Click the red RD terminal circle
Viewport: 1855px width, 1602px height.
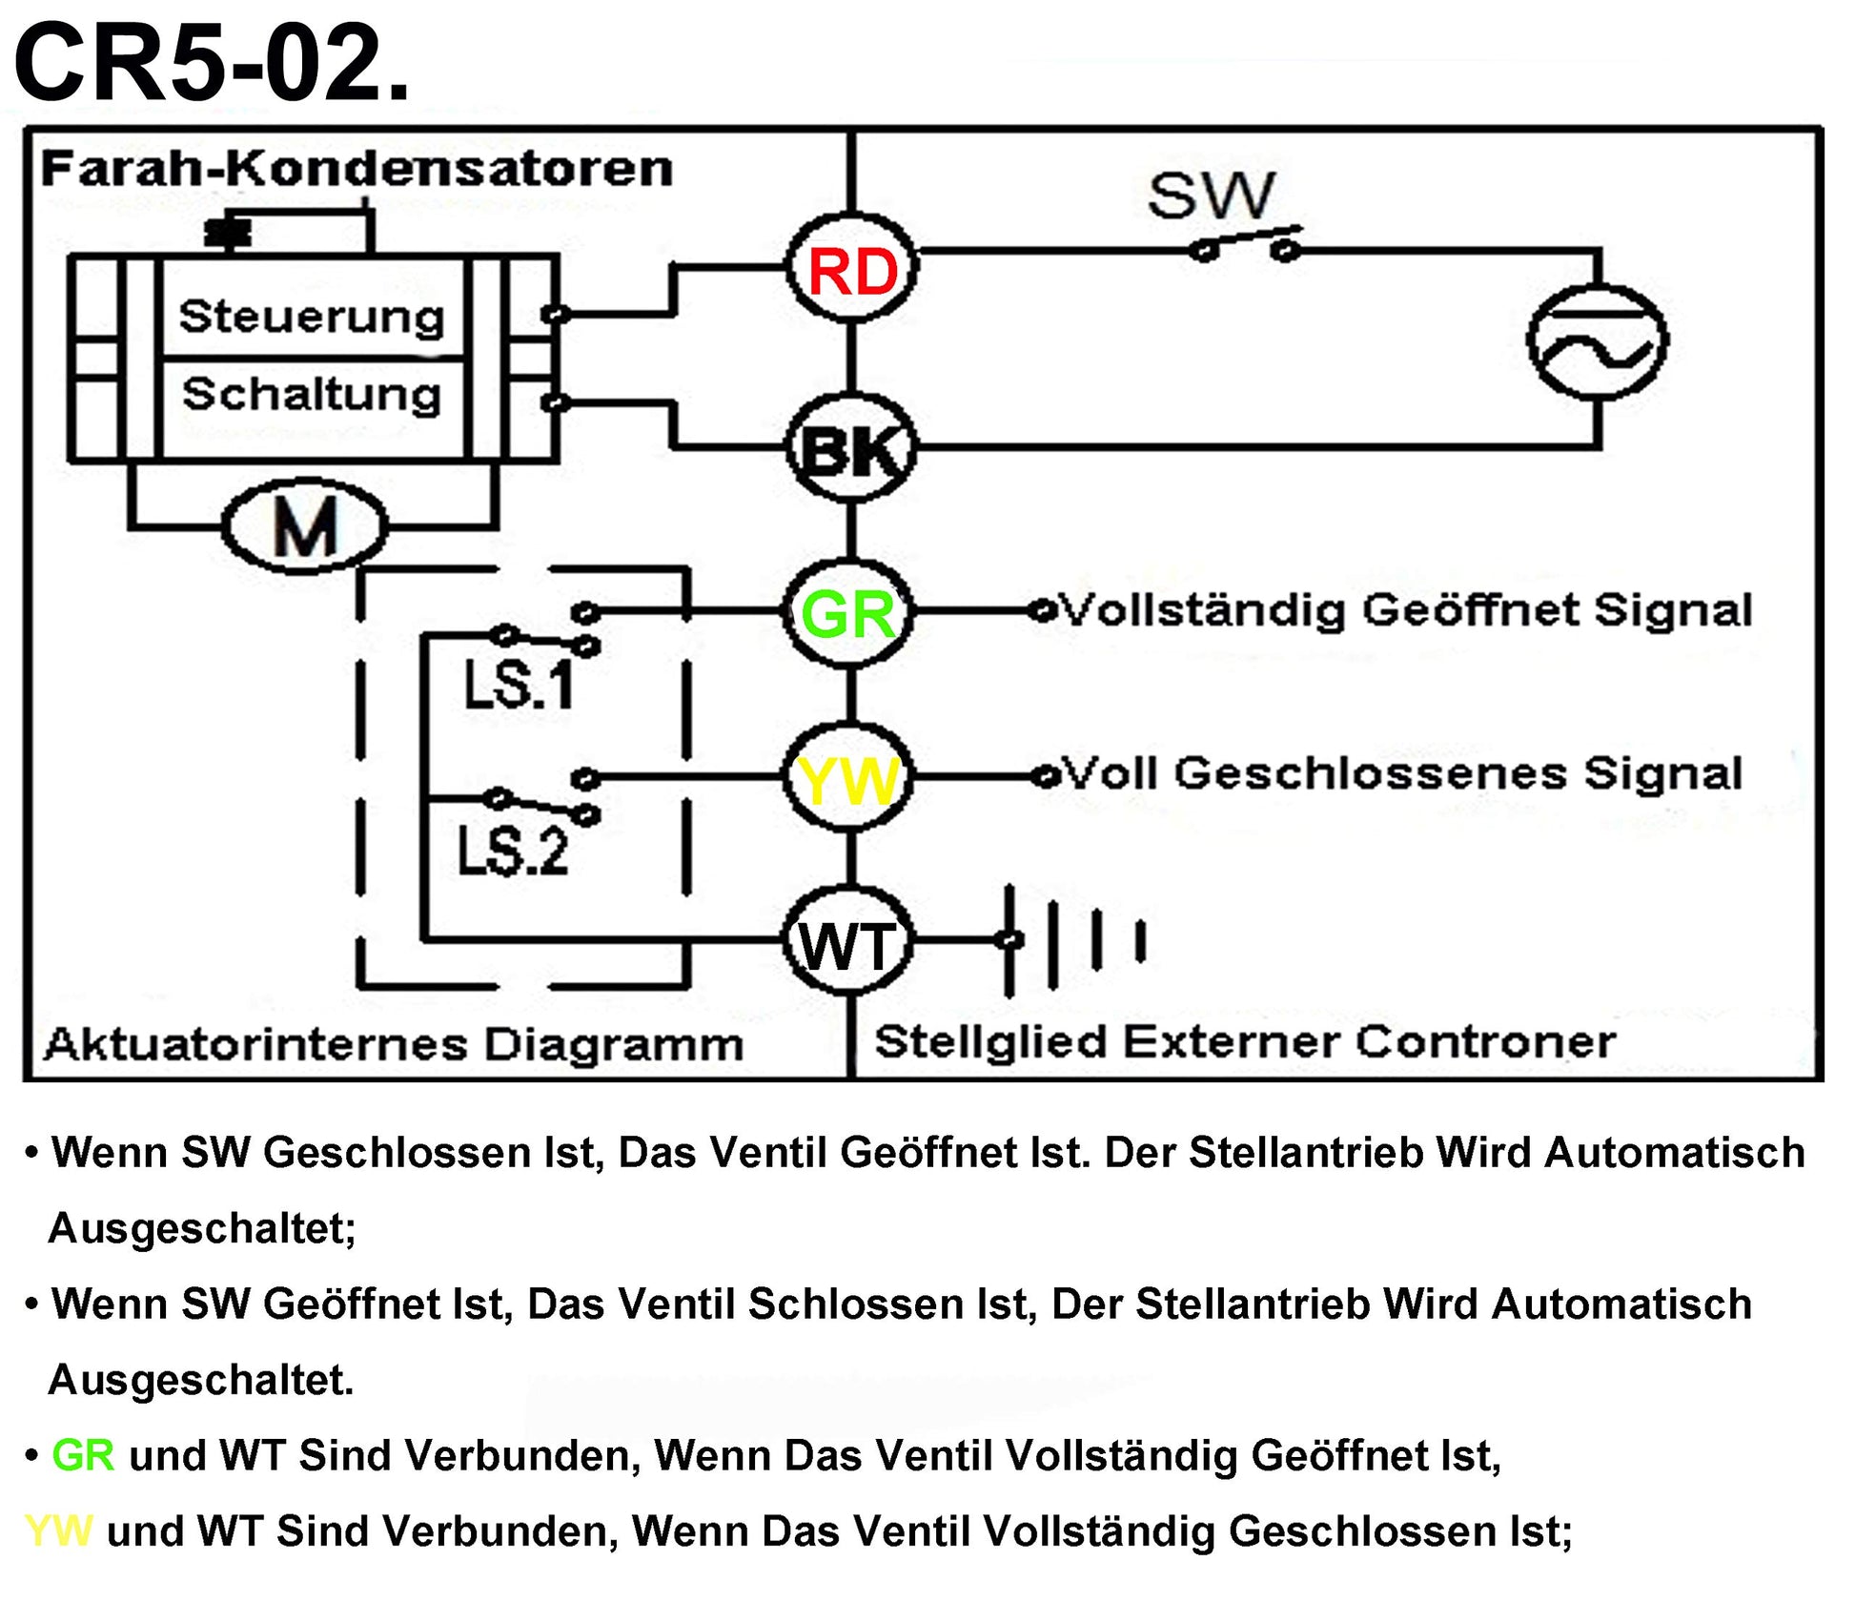851,270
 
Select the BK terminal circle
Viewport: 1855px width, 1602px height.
851,448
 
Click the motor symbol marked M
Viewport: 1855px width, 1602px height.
305,525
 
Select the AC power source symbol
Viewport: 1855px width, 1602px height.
1598,341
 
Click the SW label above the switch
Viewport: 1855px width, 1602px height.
1211,195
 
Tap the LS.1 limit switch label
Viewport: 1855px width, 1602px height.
519,684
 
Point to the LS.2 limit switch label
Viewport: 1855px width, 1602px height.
513,850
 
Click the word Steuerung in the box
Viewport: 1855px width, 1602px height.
312,316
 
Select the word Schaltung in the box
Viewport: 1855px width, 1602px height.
312,394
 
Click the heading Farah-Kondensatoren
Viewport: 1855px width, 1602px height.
357,169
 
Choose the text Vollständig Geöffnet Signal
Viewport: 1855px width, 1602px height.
1406,609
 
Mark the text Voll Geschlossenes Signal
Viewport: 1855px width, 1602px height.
1402,773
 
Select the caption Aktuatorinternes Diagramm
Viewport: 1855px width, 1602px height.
393,1044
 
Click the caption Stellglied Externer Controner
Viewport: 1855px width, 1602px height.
1244,1041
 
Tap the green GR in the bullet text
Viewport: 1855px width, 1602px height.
83,1456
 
